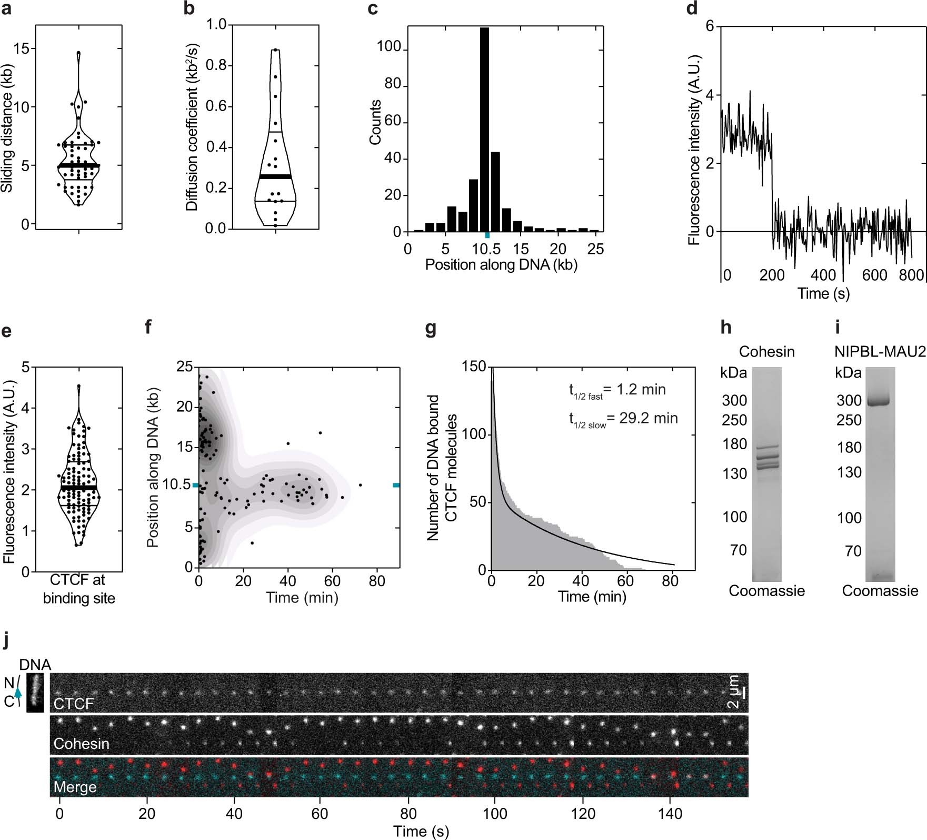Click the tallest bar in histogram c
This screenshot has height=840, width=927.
484,132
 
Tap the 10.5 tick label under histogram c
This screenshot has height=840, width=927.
486,249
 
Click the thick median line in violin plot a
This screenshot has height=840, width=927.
79,165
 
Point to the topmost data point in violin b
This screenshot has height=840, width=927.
275,51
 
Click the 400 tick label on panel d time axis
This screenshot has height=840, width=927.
823,275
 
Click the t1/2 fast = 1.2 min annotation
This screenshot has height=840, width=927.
617,390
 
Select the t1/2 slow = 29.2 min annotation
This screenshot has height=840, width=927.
623,419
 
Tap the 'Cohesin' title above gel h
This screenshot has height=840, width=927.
766,351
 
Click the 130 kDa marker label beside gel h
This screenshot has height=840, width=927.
734,473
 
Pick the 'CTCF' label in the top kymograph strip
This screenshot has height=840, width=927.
74,704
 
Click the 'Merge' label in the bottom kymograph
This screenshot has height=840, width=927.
75,787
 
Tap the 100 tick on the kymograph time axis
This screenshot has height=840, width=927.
495,814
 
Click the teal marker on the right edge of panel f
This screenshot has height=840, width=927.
396,485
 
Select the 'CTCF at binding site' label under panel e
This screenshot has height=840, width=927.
79,589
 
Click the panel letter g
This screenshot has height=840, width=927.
431,329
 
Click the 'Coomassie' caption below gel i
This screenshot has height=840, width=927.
880,590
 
